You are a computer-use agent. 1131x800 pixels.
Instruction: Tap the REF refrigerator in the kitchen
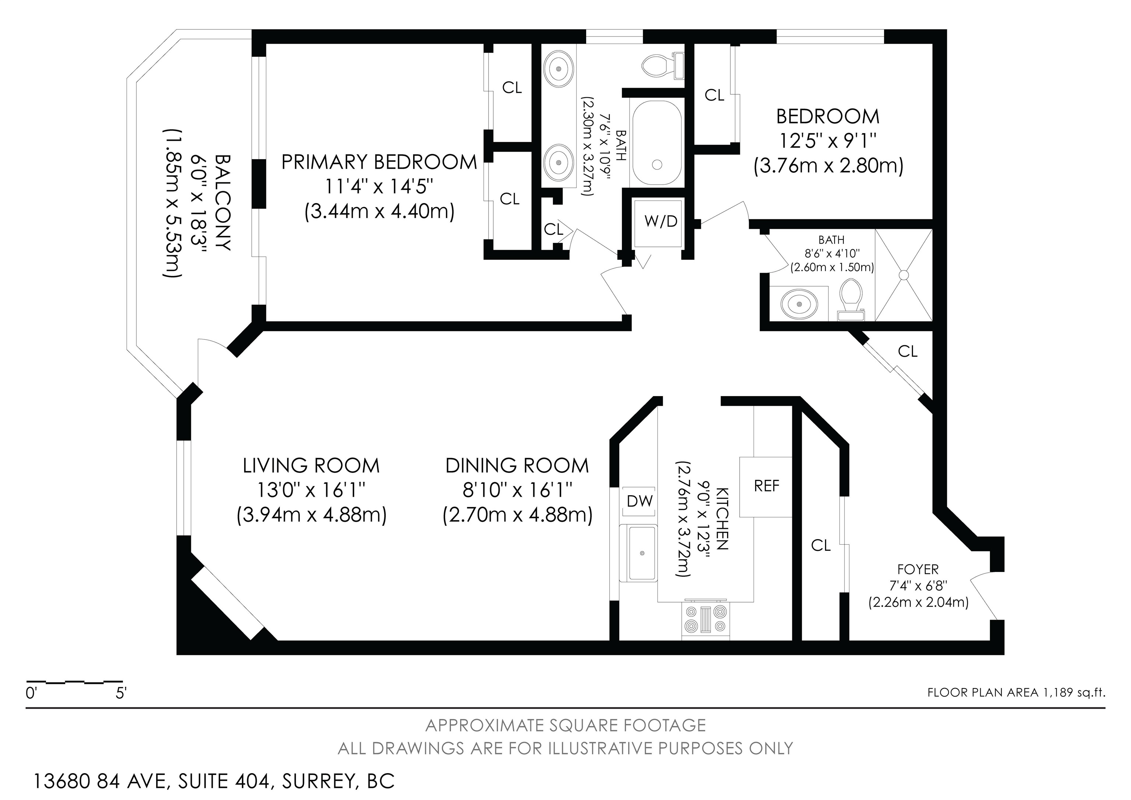(x=766, y=486)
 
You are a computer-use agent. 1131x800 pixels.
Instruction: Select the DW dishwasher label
(x=640, y=501)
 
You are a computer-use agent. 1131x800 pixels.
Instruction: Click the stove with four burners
(x=706, y=619)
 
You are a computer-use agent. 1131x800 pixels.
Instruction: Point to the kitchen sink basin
(x=641, y=553)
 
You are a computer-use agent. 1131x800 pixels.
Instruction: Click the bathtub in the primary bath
(x=657, y=143)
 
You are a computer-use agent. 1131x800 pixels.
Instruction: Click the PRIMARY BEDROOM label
(x=379, y=162)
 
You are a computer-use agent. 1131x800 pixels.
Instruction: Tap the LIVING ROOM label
(x=311, y=466)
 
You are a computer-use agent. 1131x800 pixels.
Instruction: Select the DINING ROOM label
(x=517, y=466)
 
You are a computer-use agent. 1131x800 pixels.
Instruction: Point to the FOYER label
(x=918, y=570)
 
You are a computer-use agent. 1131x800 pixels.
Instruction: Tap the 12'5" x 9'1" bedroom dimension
(x=828, y=142)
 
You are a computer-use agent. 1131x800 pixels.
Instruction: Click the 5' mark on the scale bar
(x=121, y=694)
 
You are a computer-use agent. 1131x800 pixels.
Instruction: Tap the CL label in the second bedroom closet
(x=715, y=95)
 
